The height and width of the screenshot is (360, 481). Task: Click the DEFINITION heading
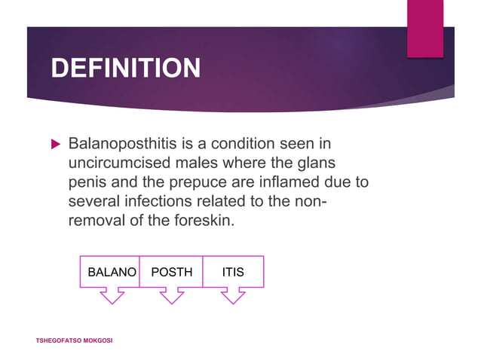pos(125,69)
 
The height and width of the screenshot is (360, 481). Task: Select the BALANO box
pos(109,272)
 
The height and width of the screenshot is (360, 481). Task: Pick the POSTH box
pos(171,272)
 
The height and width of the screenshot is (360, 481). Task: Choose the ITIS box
pos(233,272)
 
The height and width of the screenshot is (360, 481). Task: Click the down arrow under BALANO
pos(112,296)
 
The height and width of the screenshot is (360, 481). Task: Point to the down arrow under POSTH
pos(172,296)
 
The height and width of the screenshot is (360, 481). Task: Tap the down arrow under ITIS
pos(233,296)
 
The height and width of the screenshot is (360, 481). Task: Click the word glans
pos(317,163)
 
